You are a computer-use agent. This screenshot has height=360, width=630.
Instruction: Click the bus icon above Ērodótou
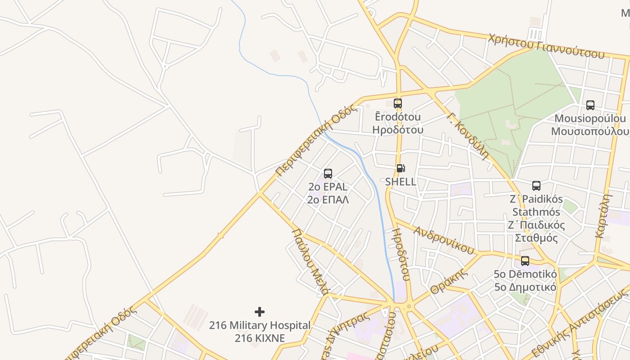398,103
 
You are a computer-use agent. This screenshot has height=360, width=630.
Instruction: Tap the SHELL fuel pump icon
400,169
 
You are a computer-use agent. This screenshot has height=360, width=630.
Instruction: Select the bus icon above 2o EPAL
328,174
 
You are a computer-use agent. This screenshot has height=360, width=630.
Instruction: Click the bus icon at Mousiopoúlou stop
590,105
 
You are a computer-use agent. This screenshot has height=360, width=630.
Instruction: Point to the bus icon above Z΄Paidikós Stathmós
536,186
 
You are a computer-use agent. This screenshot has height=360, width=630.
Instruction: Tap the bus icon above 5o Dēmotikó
525,261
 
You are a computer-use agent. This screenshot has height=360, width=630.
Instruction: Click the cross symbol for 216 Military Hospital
260,311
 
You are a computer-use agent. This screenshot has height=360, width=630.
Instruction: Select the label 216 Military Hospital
260,325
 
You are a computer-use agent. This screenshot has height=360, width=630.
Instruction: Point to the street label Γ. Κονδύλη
468,136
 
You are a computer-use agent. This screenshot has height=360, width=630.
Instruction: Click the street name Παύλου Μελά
310,261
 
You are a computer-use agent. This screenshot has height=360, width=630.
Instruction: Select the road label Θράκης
447,283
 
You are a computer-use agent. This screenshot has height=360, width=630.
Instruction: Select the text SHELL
400,182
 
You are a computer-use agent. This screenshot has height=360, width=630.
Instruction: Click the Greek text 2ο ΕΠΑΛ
328,199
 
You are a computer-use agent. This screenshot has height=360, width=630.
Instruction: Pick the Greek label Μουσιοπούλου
590,131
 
